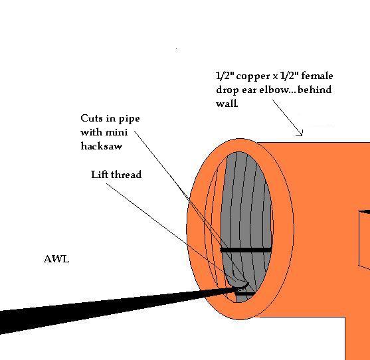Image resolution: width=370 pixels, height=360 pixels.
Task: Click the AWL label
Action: [56, 259]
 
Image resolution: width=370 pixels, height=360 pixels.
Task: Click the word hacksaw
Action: [102, 146]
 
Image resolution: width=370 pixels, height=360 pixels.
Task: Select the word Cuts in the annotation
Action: [92, 118]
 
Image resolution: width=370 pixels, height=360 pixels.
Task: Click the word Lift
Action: [100, 175]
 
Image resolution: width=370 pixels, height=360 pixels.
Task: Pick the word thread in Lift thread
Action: [126, 175]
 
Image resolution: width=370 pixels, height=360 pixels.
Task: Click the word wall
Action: [227, 104]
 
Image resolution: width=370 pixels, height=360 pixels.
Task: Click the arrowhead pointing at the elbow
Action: [300, 134]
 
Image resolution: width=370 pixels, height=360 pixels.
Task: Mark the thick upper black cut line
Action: [246, 250]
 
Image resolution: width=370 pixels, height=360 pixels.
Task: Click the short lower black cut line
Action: [245, 294]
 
